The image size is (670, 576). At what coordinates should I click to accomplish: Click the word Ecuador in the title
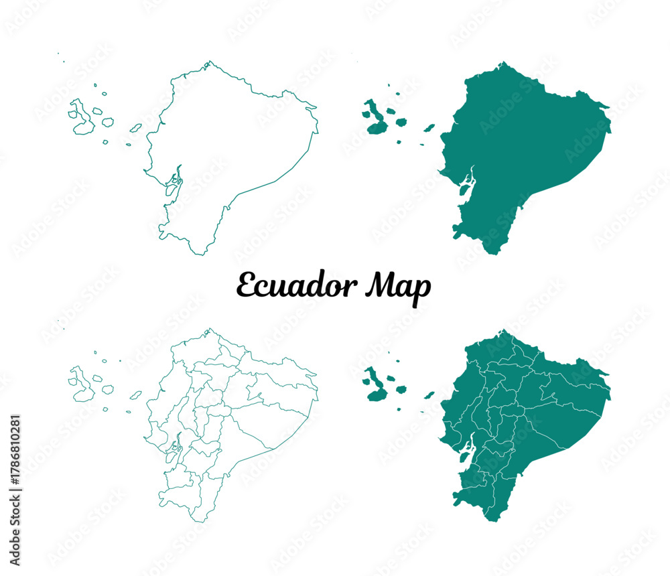tap(289, 287)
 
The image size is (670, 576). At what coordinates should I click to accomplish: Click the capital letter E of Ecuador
tap(246, 286)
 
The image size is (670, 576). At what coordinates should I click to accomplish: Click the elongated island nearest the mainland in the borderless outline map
tap(135, 127)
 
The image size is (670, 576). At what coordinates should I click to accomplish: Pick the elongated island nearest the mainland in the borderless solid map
tap(429, 127)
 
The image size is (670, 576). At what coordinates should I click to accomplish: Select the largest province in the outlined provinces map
tap(268, 429)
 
